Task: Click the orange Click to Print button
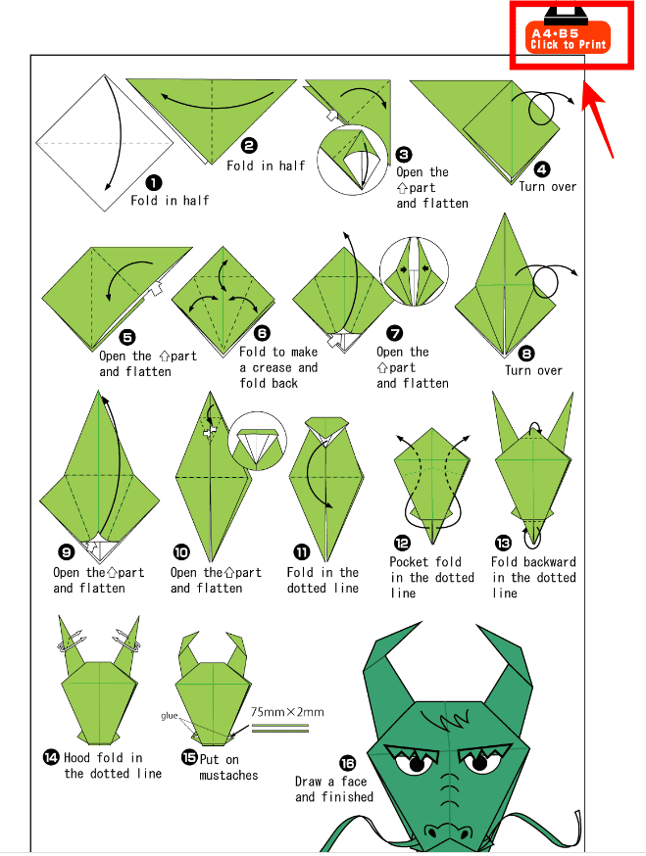(568, 37)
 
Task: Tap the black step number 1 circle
(154, 183)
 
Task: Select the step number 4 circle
(541, 169)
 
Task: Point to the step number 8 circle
(526, 354)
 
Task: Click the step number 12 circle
(402, 543)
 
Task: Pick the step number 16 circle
(347, 763)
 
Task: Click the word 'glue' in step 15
(169, 716)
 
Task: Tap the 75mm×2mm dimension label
(287, 712)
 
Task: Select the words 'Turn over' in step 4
(548, 187)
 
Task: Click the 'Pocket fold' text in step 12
(425, 562)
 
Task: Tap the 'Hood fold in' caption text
(103, 758)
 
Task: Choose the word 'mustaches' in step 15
(228, 776)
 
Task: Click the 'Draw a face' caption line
(330, 782)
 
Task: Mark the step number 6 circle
(263, 333)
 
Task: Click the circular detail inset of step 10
(257, 441)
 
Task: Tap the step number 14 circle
(51, 757)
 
